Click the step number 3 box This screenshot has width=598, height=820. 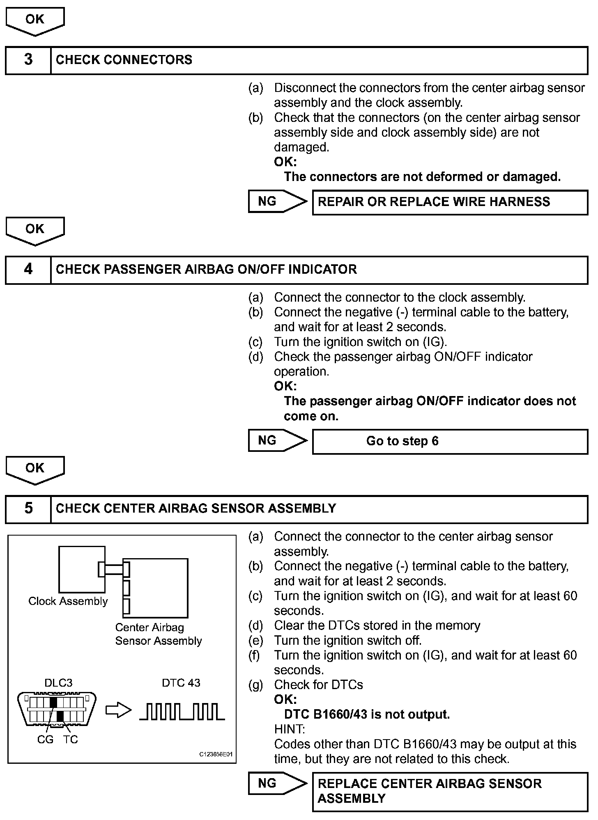point(28,60)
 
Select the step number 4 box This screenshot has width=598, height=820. point(28,270)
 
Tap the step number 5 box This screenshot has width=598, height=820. point(28,509)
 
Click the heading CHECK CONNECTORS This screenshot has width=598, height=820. point(124,60)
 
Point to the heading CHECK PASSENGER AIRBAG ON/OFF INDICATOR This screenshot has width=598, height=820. point(206,270)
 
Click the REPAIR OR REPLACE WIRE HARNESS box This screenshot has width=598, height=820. point(450,202)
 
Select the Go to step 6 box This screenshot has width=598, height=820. point(450,441)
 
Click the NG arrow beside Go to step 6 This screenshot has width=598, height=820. point(277,441)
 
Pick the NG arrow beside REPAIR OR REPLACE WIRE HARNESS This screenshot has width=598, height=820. point(277,202)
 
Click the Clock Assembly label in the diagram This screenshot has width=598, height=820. point(68,601)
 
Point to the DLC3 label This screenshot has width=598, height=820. point(58,683)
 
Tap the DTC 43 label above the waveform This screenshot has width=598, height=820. point(181,683)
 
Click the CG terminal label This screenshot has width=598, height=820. point(45,740)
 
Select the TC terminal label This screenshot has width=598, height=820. point(70,740)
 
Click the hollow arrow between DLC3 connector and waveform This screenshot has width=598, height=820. point(118,711)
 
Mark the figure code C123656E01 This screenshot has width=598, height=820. point(216,754)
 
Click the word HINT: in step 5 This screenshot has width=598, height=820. point(289,729)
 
